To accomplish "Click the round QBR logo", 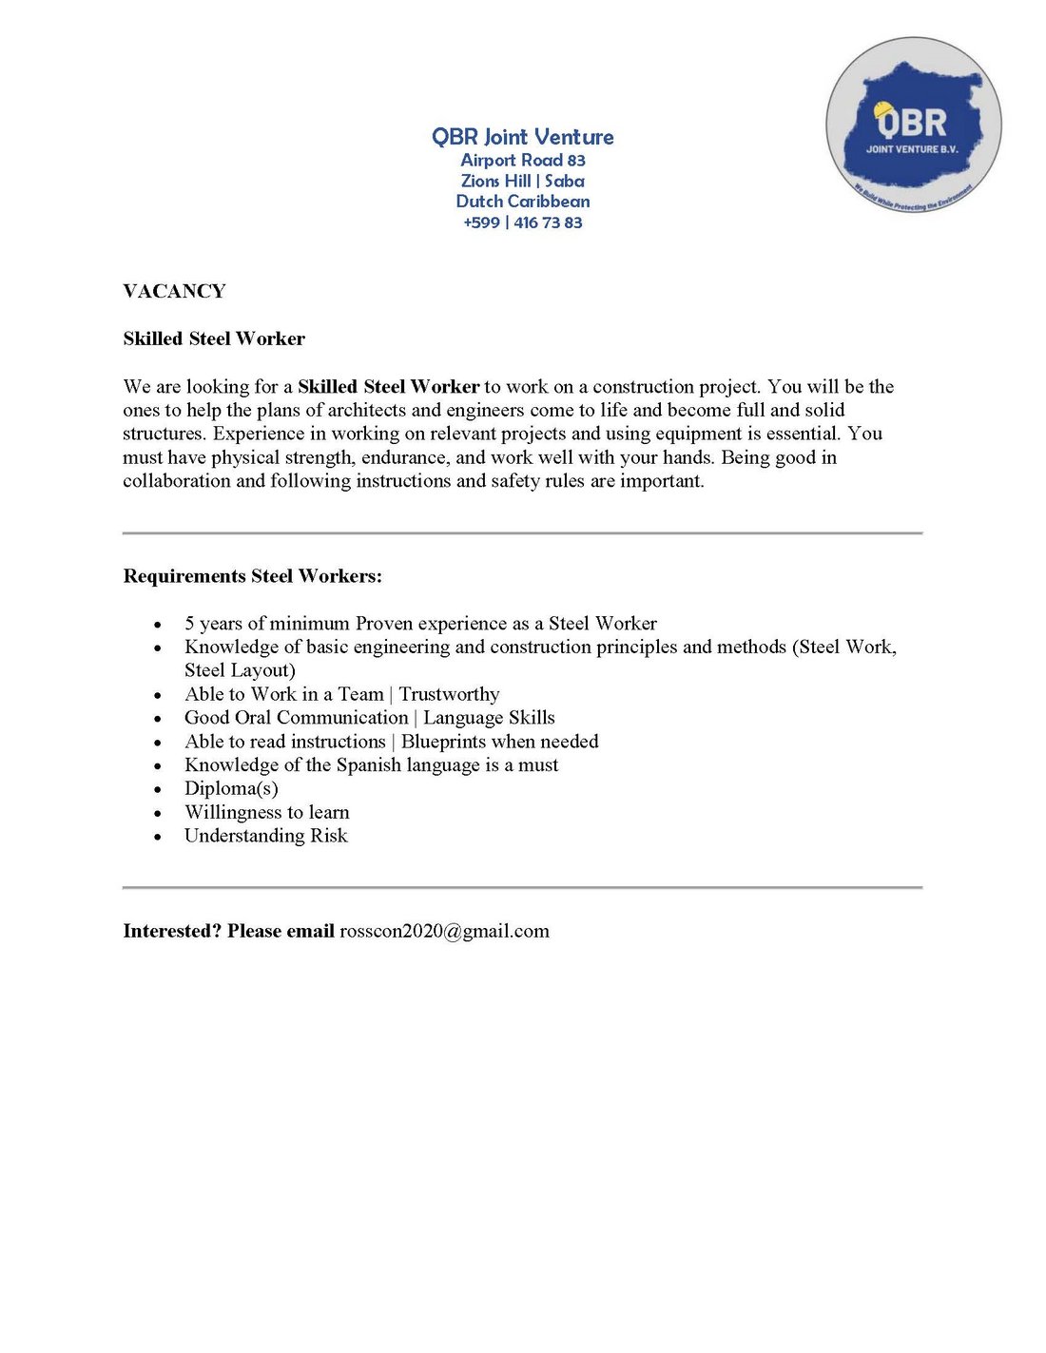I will pos(913,125).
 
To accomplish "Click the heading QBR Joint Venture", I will pos(522,137).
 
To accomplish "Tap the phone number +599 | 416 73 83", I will pos(522,222).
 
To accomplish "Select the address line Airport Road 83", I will pos(522,161).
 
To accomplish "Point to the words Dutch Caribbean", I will pos(522,202).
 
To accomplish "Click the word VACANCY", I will pos(174,291).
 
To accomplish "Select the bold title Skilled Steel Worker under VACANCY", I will pos(214,338).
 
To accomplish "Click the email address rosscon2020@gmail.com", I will pos(444,931).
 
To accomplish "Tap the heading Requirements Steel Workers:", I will pos(252,576).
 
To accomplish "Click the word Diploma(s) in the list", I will pos(231,788).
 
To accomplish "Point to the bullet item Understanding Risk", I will pos(265,836).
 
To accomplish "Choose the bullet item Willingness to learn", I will pos(266,812).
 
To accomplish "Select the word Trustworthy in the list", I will pos(449,694).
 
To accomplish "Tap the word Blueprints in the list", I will pos(444,742).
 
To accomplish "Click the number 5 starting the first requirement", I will pos(189,624).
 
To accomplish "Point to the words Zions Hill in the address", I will pos(495,181).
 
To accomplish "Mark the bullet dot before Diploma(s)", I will pos(158,789).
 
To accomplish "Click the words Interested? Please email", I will pos(228,931).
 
